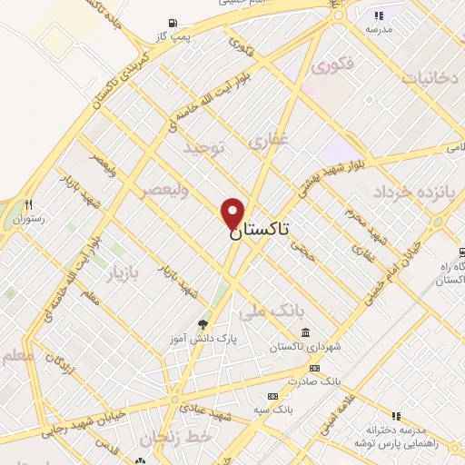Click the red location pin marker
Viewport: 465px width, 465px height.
point(233,213)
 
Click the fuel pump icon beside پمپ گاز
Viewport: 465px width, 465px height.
point(173,24)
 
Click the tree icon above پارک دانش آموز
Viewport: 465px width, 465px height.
point(203,323)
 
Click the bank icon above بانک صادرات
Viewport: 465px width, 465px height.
point(314,368)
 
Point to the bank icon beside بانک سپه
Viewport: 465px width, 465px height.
point(272,397)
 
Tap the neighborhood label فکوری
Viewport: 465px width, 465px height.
point(331,66)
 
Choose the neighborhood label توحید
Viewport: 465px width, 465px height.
point(202,147)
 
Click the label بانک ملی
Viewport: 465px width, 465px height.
point(265,313)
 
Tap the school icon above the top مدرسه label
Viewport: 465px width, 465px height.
point(379,15)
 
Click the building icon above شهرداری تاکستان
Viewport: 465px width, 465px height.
point(302,331)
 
